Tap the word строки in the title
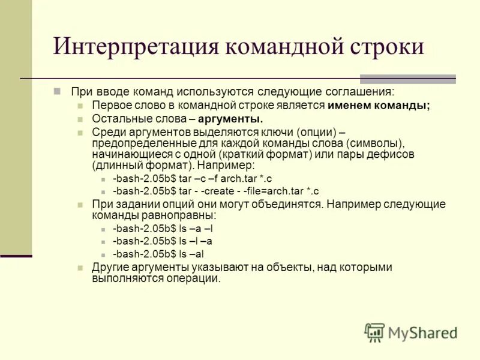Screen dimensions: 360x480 pos(386,47)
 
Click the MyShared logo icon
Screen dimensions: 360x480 pos(374,332)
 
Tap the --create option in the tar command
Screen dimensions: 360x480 pos(223,191)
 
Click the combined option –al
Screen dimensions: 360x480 pos(201,254)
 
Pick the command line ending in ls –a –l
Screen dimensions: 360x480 pos(163,229)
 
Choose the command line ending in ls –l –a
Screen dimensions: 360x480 pos(163,241)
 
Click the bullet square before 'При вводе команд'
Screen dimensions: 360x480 pos(58,91)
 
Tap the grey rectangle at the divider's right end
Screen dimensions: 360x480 pos(407,79)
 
